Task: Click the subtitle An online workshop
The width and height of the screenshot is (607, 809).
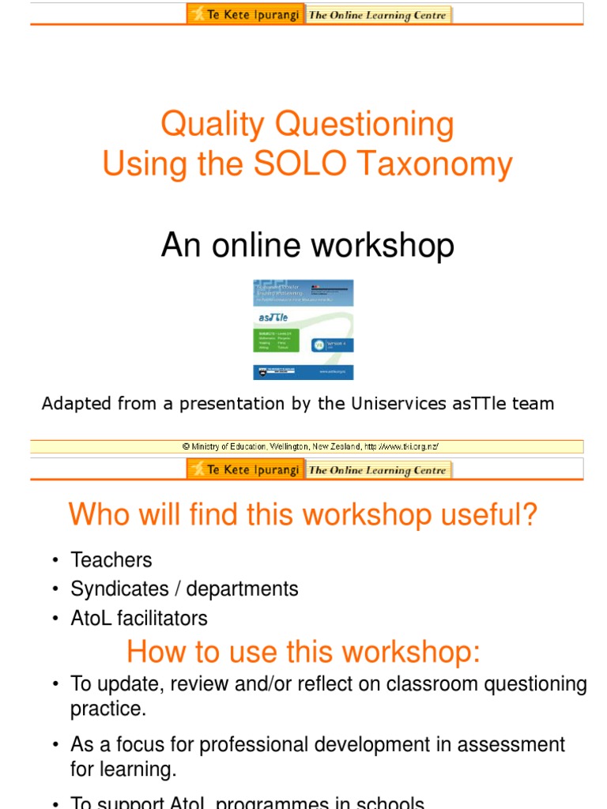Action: (x=307, y=246)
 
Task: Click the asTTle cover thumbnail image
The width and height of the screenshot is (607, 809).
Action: (x=303, y=329)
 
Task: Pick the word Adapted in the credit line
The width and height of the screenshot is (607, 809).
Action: (x=73, y=404)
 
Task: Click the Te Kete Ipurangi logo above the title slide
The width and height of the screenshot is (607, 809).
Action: (x=245, y=14)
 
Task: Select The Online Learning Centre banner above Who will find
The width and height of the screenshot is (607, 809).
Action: (x=378, y=470)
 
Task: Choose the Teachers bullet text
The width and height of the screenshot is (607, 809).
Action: (x=111, y=560)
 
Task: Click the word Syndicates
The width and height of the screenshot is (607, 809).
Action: (x=115, y=589)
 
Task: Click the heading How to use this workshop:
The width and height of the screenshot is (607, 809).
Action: (x=303, y=653)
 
